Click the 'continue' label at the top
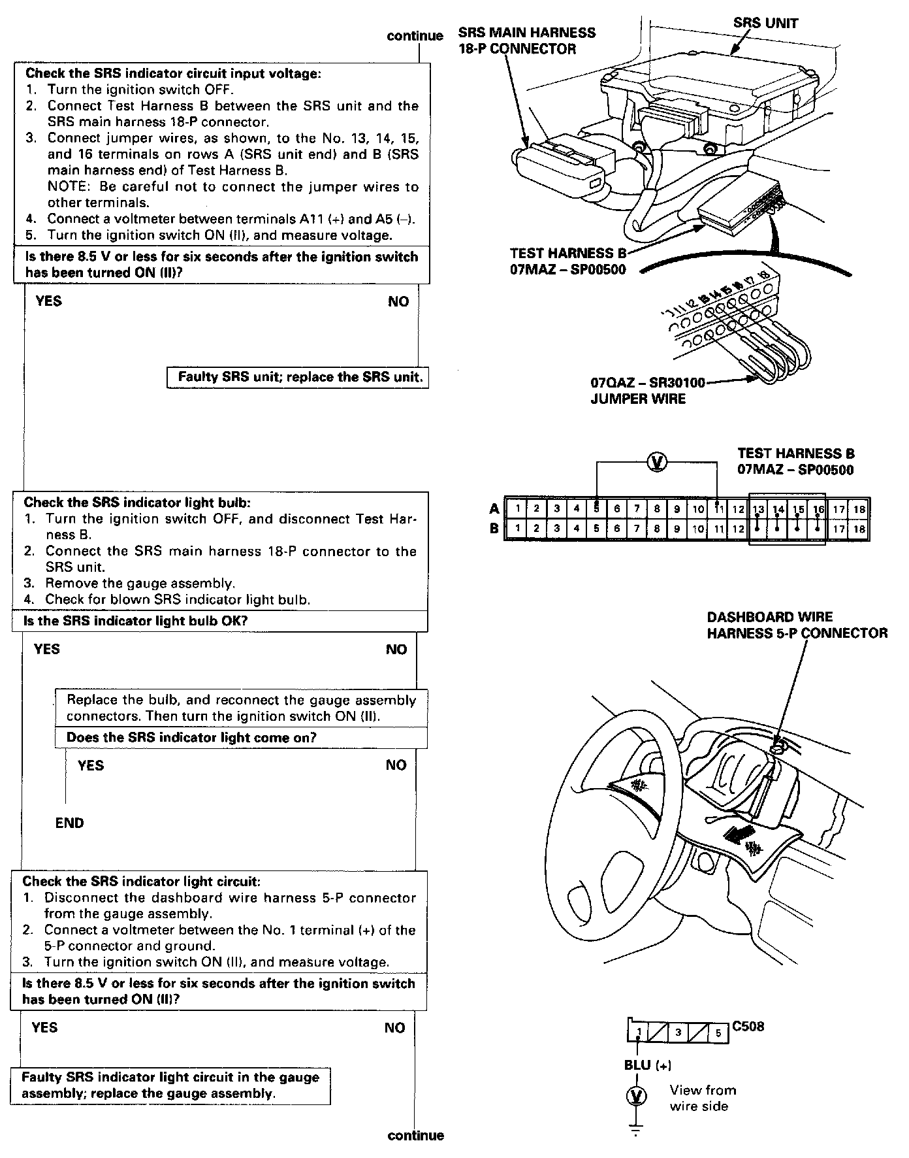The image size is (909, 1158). pos(415,36)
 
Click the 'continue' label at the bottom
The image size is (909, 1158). pos(415,1136)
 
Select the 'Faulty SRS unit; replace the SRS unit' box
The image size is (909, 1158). pos(298,378)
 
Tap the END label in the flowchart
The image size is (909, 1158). pos(70,823)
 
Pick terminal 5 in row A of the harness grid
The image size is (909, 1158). pos(597,508)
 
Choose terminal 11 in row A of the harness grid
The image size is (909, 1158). pos(718,508)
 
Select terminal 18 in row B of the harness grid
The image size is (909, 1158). pos(859,529)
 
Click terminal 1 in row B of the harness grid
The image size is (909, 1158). pos(517,529)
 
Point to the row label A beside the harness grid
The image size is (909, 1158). pos(494,508)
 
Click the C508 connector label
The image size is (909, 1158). pos(748,1027)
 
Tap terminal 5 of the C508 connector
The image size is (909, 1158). pos(718,1033)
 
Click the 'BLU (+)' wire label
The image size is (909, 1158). pos(647,1065)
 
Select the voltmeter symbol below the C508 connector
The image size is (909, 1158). pos(637,1096)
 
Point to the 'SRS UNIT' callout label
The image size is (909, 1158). pos(765,24)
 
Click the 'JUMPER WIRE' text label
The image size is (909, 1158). pos(638,399)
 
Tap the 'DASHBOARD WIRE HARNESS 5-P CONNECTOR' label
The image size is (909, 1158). pos(797,625)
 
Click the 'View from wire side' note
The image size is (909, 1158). pos(702,1098)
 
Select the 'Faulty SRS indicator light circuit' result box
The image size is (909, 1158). pos(170,1085)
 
